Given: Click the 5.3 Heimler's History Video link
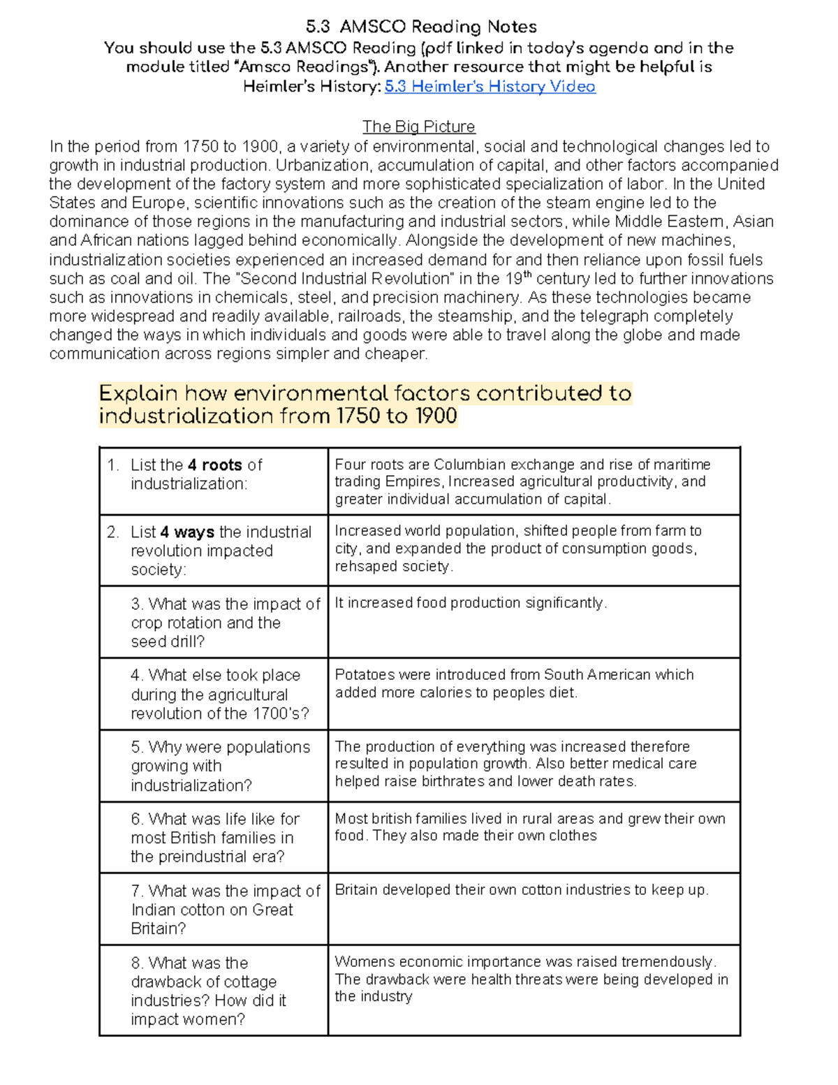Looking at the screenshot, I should pyautogui.click(x=490, y=87).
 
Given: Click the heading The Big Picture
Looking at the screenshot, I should pyautogui.click(x=418, y=126).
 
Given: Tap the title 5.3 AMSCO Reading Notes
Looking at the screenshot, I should pyautogui.click(x=421, y=27).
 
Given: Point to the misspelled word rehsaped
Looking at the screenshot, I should pyautogui.click(x=362, y=567).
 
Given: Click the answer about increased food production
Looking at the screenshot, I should pyautogui.click(x=471, y=603).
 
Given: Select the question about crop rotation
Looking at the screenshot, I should pyautogui.click(x=225, y=622).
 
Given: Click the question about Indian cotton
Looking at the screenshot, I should pyautogui.click(x=225, y=910).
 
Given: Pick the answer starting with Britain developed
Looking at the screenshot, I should pyautogui.click(x=522, y=890).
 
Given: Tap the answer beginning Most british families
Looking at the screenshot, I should pyautogui.click(x=530, y=827).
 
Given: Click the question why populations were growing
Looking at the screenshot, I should pyautogui.click(x=220, y=766).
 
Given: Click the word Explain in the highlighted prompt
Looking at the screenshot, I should pyautogui.click(x=138, y=393).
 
